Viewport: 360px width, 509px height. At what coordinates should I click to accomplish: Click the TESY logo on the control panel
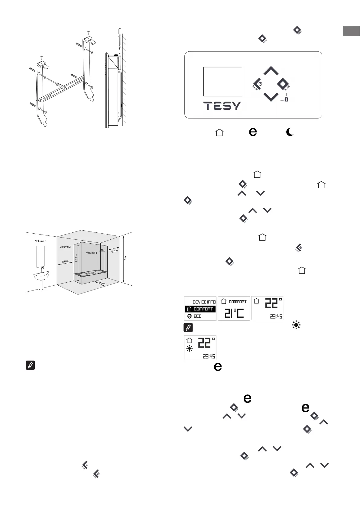click(222, 106)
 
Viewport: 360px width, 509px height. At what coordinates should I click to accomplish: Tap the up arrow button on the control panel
click(271, 71)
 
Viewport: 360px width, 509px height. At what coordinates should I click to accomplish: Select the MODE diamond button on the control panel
click(283, 84)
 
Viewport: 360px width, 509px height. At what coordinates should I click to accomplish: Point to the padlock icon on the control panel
click(286, 99)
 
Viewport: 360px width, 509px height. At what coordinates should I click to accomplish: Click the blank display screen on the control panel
click(222, 82)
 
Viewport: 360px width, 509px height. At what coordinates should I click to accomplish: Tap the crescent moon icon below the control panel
click(290, 132)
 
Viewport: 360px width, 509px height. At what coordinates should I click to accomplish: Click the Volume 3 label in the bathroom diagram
click(41, 241)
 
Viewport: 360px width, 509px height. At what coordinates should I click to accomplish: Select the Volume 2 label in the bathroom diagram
click(65, 247)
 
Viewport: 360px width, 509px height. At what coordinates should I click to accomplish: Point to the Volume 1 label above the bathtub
click(92, 253)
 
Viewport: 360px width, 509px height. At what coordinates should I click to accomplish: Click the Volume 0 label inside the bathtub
click(90, 273)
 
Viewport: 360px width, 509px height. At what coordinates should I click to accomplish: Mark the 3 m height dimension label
click(125, 258)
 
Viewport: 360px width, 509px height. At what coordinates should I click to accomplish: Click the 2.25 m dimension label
click(76, 258)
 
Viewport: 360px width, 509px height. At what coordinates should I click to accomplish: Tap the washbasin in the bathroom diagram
click(41, 276)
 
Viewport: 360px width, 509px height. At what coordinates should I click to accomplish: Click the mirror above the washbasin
click(41, 256)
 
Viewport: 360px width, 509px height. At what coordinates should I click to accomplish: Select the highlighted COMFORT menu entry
click(200, 309)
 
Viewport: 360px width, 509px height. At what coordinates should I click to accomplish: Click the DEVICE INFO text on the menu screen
click(204, 302)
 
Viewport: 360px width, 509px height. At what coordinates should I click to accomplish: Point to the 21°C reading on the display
click(234, 313)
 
